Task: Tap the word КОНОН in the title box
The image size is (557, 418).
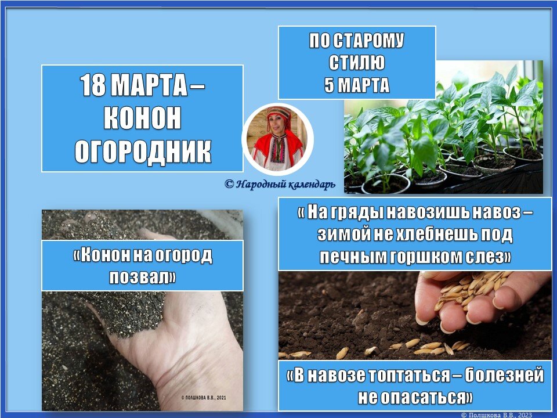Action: pyautogui.click(x=142, y=119)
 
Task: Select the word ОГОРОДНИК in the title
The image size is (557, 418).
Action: pyautogui.click(x=142, y=150)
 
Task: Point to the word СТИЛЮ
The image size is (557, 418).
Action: pyautogui.click(x=356, y=63)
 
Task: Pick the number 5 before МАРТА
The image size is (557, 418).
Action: pyautogui.click(x=328, y=85)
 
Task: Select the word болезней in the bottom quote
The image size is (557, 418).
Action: pyautogui.click(x=505, y=376)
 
